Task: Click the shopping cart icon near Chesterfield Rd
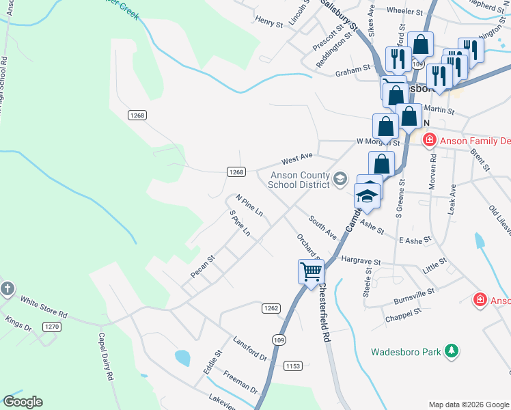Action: tap(311, 271)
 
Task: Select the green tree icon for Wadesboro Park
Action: tap(451, 351)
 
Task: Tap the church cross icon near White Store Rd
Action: tap(8, 288)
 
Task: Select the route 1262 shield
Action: tap(271, 308)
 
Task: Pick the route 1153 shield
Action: tap(293, 366)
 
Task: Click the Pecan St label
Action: tap(203, 266)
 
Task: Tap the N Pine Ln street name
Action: tap(249, 205)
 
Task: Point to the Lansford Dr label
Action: tap(249, 348)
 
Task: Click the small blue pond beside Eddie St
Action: tap(182, 357)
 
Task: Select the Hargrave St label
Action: tap(360, 260)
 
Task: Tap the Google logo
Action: tap(23, 402)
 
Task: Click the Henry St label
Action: tap(268, 23)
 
